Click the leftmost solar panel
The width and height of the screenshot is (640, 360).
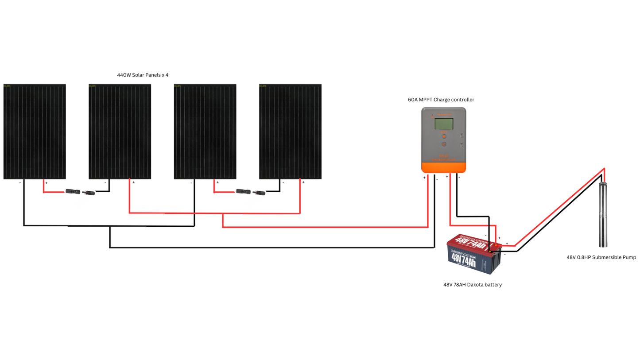(35, 132)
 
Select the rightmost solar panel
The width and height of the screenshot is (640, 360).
(290, 132)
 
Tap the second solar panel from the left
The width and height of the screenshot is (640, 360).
(120, 132)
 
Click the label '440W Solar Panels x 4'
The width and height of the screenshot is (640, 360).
(143, 75)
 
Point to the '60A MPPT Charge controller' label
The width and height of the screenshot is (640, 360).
(441, 100)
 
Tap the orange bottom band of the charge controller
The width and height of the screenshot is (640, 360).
(443, 167)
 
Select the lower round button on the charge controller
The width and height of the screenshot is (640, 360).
(443, 144)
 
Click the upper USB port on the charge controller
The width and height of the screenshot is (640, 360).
(461, 136)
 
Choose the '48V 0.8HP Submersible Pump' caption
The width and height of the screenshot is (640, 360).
(601, 257)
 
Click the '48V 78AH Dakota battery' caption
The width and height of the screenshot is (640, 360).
(472, 285)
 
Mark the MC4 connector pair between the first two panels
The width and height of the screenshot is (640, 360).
(80, 192)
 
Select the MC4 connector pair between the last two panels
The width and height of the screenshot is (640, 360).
(250, 192)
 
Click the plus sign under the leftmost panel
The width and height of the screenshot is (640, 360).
(47, 182)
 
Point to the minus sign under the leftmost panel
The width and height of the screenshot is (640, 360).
(20, 182)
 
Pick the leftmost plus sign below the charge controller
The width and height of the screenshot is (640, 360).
(424, 178)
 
